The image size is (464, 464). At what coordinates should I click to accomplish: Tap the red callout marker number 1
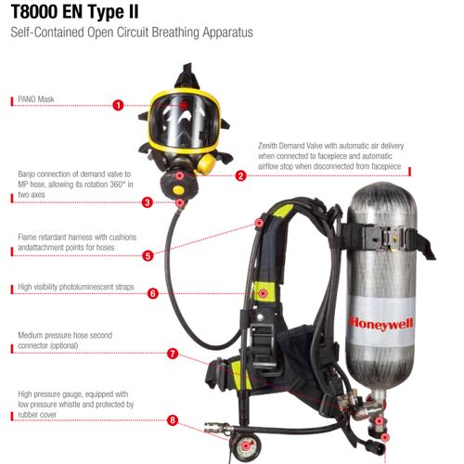[118, 105]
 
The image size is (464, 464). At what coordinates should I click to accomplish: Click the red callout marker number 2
[240, 175]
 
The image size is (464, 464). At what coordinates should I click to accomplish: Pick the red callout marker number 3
[147, 201]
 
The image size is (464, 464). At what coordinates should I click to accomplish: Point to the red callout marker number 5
[147, 254]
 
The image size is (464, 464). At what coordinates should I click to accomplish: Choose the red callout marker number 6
[152, 293]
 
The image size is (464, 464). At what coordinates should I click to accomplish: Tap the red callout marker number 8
[172, 419]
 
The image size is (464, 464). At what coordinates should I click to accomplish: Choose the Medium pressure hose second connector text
[60, 340]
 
